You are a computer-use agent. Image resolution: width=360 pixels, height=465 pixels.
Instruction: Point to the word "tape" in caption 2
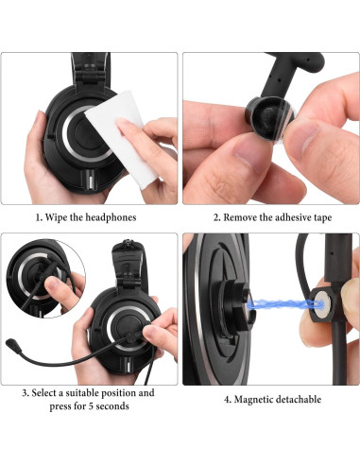click(323, 216)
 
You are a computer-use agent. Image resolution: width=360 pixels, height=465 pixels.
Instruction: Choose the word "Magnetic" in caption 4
click(256, 399)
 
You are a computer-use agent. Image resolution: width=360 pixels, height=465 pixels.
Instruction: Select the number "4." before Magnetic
click(228, 399)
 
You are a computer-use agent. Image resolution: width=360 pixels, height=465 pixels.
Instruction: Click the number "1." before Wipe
click(39, 216)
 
